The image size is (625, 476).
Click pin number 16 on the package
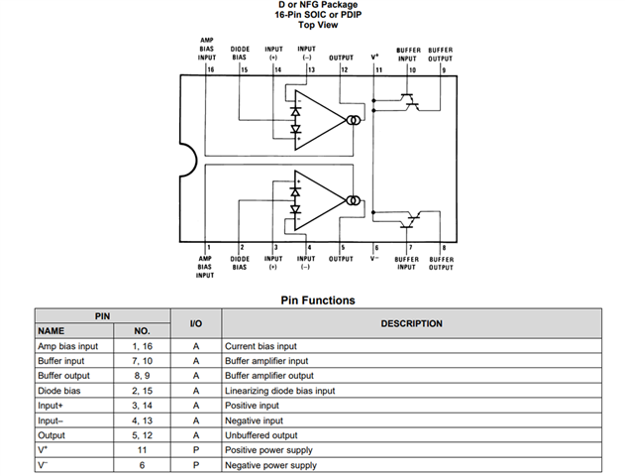210,70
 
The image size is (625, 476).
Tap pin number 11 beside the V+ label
377,70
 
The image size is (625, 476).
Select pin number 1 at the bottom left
209,247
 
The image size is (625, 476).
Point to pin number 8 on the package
444,247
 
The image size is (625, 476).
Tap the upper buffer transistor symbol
410,100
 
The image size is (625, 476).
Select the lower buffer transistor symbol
417,218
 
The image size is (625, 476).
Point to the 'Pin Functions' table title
312,299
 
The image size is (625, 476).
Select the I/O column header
196,323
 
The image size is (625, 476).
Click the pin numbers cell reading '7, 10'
142,361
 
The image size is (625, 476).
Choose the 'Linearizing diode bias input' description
279,391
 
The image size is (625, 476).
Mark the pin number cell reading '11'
142,450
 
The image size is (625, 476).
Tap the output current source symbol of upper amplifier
354,120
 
